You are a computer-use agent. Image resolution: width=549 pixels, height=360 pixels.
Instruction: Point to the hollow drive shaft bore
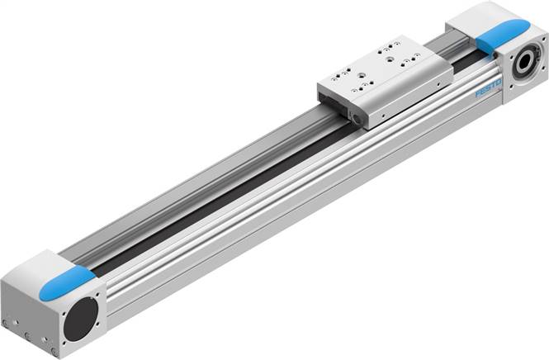(523, 64)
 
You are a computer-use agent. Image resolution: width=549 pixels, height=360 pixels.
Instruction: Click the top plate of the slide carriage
(385, 65)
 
